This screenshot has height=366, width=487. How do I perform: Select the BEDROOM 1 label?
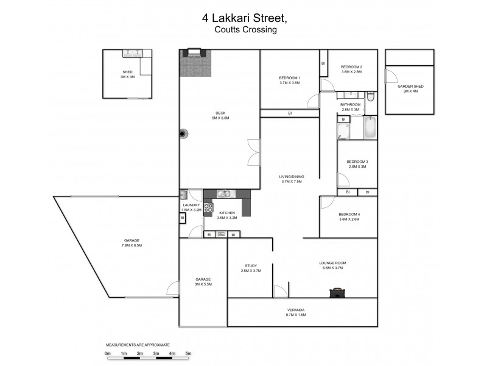[x=290, y=77]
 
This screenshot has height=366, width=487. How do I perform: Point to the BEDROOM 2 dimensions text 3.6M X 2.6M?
[x=351, y=72]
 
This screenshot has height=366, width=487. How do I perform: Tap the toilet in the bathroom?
[x=371, y=97]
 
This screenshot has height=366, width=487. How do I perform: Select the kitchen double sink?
[x=224, y=194]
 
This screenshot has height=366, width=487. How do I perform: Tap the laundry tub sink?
[x=183, y=195]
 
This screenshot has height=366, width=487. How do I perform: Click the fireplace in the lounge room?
[x=335, y=293]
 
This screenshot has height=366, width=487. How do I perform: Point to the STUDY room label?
[x=250, y=265]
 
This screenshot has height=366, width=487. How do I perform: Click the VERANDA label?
[x=295, y=310]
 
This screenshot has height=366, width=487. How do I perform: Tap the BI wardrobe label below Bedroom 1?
[x=290, y=113]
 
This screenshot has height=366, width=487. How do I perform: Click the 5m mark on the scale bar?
[x=189, y=353]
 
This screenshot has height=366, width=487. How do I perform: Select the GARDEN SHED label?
[x=410, y=87]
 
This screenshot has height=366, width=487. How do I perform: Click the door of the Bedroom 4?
[x=327, y=203]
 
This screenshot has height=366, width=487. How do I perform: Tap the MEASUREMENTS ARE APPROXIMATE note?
[x=138, y=345]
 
